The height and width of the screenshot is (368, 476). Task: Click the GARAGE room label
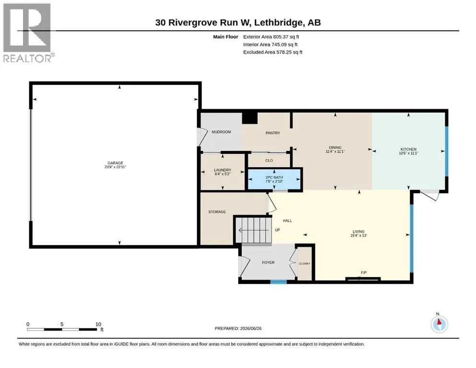coord(115,163)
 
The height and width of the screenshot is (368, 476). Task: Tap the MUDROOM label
coord(221,132)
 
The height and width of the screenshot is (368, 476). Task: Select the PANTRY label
coord(273,133)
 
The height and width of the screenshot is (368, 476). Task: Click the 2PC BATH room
coord(274,179)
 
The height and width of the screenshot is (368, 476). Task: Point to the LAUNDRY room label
coord(222,170)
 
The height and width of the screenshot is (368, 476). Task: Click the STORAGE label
coord(217,212)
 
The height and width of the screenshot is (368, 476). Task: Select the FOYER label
coord(268,263)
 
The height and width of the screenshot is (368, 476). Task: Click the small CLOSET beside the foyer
coord(304,264)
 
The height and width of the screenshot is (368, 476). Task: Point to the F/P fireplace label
coord(364,273)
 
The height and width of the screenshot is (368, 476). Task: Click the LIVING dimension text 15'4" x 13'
coord(359,235)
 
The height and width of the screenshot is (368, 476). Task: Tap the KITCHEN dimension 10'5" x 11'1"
coord(408,153)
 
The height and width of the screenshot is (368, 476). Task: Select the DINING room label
coord(335,148)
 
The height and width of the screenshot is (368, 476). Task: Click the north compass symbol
coord(439,324)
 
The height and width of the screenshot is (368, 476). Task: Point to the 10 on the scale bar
coord(98,324)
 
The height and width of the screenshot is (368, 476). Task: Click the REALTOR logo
coord(28,33)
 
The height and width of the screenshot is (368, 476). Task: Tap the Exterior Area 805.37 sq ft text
coord(271,37)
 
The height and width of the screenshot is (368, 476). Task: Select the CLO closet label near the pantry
coord(269,161)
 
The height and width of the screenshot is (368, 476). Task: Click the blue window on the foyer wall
coord(279,282)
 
